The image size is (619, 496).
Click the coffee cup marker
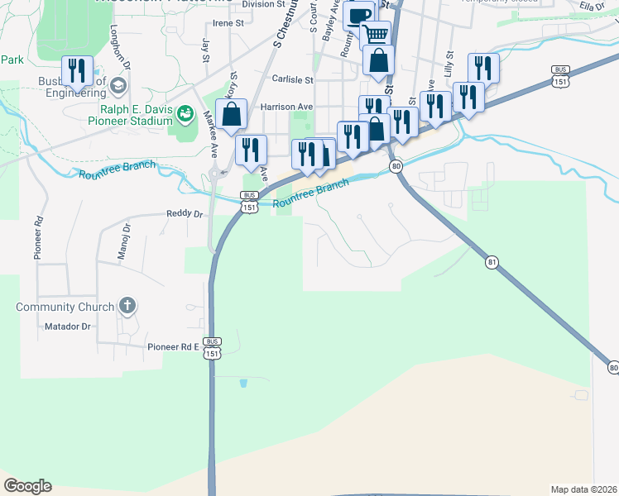(x=360, y=16)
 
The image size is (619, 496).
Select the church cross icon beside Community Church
(x=127, y=307)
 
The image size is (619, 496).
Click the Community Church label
(x=65, y=308)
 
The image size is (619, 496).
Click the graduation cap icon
(x=118, y=85)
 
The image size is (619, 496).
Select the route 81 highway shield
(x=492, y=262)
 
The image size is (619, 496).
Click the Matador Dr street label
(x=68, y=327)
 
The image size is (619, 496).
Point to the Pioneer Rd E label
(x=174, y=347)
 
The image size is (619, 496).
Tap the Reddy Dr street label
(x=185, y=213)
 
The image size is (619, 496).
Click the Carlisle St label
(x=293, y=80)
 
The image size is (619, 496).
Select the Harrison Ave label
(x=287, y=107)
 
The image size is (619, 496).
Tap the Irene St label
(x=228, y=23)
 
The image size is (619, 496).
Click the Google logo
(x=27, y=486)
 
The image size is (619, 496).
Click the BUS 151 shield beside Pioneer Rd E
(x=213, y=347)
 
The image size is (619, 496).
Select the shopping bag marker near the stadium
(x=233, y=115)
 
